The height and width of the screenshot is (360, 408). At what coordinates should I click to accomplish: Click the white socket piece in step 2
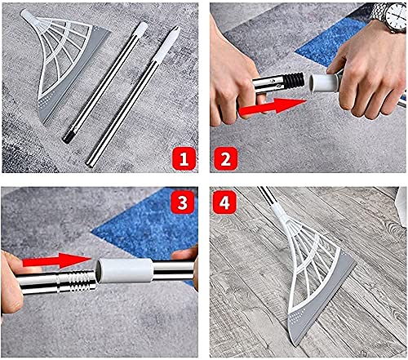326,82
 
